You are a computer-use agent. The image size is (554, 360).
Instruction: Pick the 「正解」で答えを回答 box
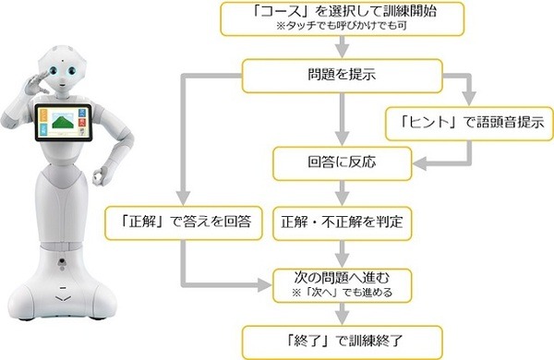[x=186, y=222]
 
